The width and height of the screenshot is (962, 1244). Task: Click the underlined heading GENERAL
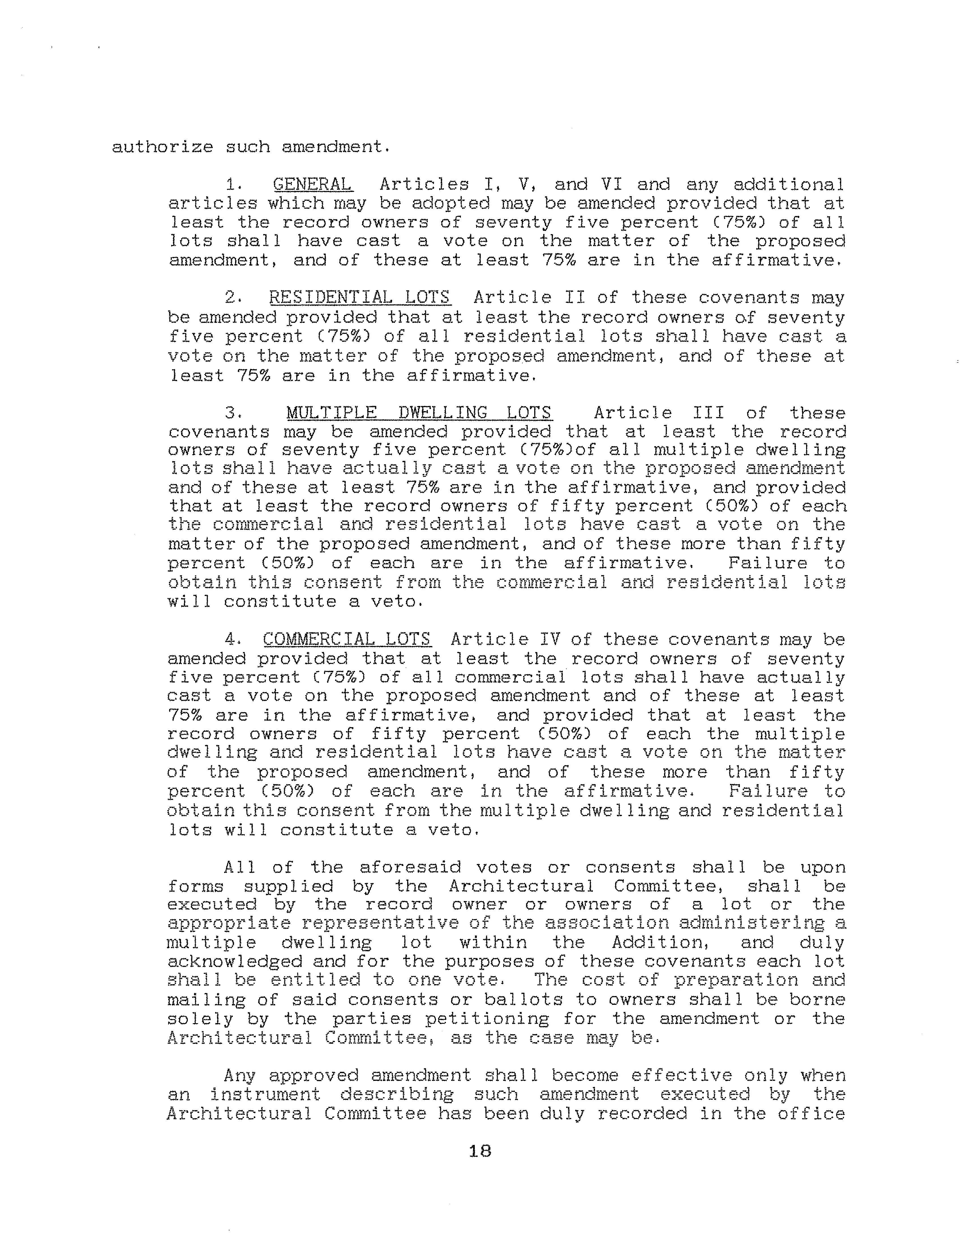coord(312,185)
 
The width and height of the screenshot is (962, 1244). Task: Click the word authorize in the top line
coord(162,147)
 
